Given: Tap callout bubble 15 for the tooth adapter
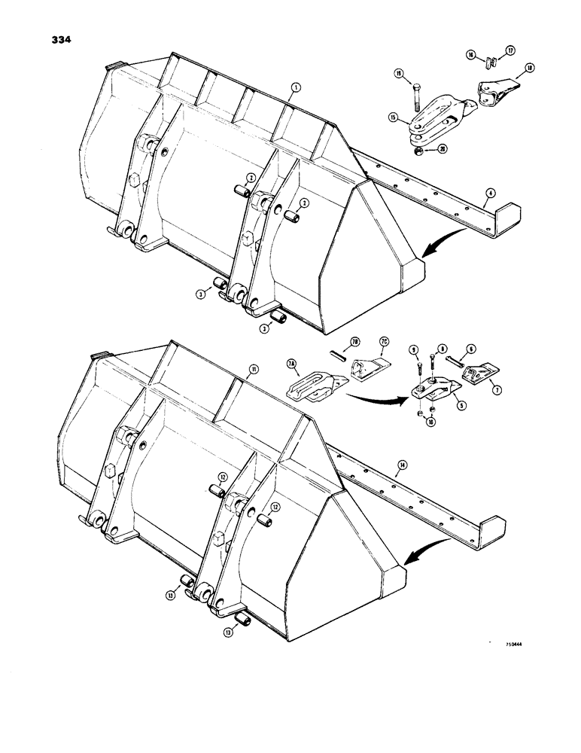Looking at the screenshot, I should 392,117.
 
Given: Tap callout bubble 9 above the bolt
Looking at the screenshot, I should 412,349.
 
